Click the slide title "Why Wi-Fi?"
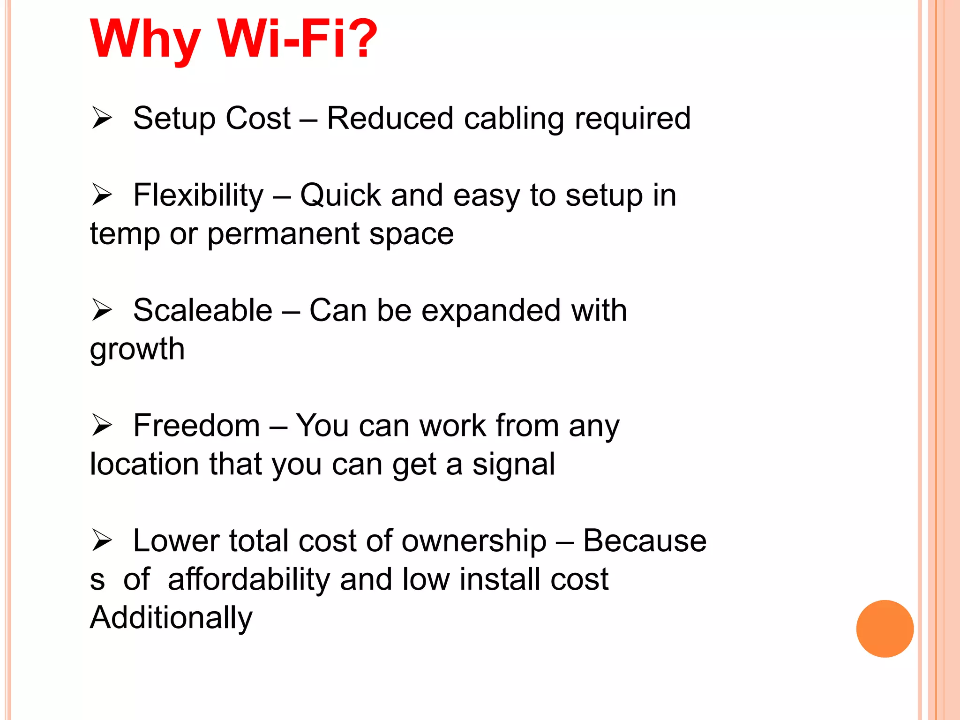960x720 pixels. (x=233, y=39)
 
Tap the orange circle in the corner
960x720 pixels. (x=885, y=629)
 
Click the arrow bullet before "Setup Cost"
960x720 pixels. (x=102, y=118)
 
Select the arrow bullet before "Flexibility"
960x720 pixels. (x=102, y=195)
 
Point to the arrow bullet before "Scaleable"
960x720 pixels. (x=102, y=310)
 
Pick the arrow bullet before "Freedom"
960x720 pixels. (x=102, y=425)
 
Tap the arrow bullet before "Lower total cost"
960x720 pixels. (x=102, y=540)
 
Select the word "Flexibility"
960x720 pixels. (x=198, y=195)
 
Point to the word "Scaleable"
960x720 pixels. (x=202, y=310)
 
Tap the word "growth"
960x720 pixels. (x=137, y=350)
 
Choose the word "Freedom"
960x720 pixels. (x=196, y=426)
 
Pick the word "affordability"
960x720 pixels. (x=249, y=580)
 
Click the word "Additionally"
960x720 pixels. (x=171, y=618)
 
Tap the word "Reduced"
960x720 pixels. (x=390, y=118)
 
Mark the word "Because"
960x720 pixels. (x=645, y=541)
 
